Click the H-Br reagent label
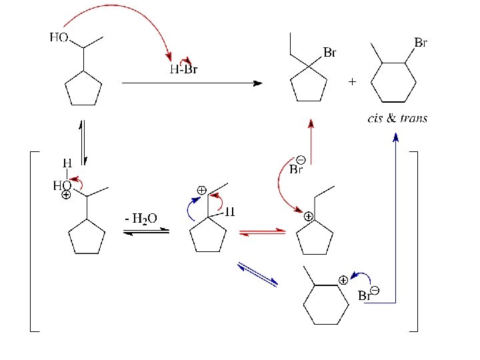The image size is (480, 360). point(184,69)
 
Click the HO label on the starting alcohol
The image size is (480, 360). point(59,38)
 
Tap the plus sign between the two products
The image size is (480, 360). point(352,82)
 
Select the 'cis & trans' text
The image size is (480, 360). point(397,119)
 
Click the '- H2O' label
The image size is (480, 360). point(141,218)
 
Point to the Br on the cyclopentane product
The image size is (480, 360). point(330,52)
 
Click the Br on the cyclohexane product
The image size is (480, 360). point(421,42)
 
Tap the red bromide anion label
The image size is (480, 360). point(297,167)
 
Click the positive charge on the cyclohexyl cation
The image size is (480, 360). point(342,280)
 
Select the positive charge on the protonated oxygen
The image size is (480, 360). point(66,196)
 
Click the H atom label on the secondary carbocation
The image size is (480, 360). point(229,213)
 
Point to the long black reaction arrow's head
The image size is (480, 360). point(258,83)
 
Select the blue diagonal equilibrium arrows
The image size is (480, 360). point(257,275)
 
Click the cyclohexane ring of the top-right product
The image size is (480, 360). point(393,83)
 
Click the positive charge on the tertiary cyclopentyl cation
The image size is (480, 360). point(309,217)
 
